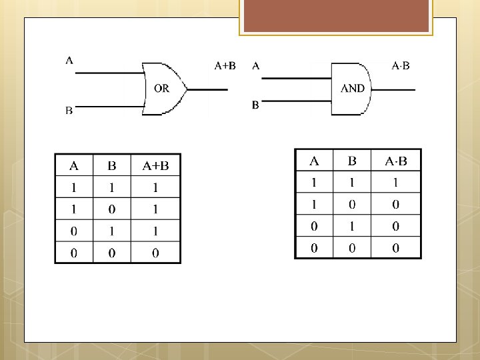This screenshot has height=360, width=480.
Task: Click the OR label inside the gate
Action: (x=161, y=89)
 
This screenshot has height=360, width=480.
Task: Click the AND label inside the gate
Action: (x=353, y=88)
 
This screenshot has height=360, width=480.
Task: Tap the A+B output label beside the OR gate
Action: (x=225, y=65)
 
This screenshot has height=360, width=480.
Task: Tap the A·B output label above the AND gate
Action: (x=401, y=65)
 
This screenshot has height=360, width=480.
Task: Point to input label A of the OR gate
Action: (x=69, y=61)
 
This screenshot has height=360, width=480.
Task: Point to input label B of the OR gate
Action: (x=69, y=111)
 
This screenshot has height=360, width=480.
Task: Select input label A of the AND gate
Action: (x=256, y=65)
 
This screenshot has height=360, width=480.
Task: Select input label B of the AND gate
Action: (x=255, y=105)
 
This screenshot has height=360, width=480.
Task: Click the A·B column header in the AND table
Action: (x=395, y=161)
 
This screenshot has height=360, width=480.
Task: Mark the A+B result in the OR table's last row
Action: (x=155, y=253)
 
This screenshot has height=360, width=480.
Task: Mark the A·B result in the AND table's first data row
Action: (x=395, y=182)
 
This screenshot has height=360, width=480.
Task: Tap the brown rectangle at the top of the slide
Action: (x=336, y=17)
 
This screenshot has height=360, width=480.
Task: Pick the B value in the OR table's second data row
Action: (x=112, y=209)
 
